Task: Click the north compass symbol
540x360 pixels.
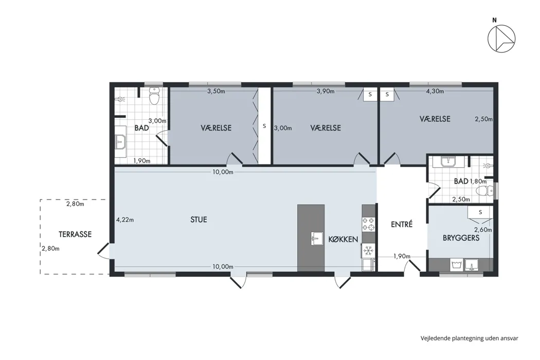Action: click(x=501, y=39)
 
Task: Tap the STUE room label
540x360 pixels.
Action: click(x=199, y=220)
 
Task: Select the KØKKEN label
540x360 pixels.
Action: click(x=343, y=239)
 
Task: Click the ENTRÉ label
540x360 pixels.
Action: click(x=402, y=224)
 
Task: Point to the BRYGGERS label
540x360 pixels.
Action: click(x=461, y=238)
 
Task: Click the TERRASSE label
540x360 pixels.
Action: click(x=75, y=235)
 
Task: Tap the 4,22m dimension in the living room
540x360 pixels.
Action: click(x=125, y=220)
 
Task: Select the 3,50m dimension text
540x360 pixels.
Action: click(x=216, y=92)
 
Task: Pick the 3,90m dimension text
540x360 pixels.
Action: click(x=326, y=92)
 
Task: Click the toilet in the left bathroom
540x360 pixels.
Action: click(x=154, y=96)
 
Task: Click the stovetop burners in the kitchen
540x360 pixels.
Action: click(x=368, y=224)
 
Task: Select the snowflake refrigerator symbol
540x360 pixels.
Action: click(x=368, y=250)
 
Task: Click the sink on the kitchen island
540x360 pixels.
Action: click(x=317, y=238)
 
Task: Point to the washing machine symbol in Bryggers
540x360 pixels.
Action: click(x=456, y=265)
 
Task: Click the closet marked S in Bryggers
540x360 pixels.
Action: click(x=480, y=212)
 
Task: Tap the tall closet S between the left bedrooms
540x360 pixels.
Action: click(x=264, y=125)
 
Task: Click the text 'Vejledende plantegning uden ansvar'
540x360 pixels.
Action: click(x=469, y=338)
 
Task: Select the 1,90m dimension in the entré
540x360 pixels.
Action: click(x=402, y=256)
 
